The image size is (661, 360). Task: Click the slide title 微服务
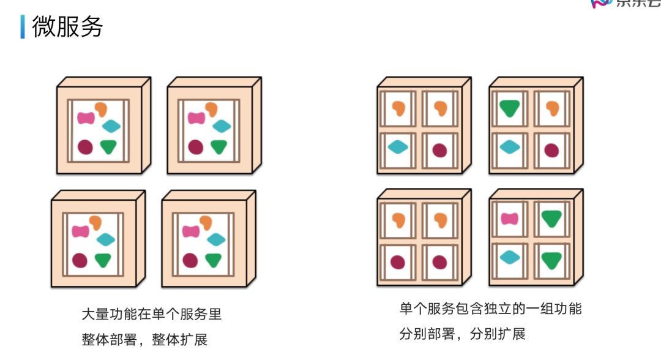(x=67, y=27)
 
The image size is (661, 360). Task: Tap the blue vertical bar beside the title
(x=23, y=27)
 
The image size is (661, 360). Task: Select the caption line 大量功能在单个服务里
(x=151, y=315)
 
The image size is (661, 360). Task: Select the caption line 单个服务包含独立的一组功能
(x=490, y=309)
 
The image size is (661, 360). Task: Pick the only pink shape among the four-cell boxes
(x=510, y=219)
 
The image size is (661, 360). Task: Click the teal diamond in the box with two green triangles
(x=509, y=257)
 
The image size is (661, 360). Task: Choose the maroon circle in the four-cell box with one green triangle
(x=551, y=150)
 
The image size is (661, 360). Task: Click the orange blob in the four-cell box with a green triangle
(x=552, y=108)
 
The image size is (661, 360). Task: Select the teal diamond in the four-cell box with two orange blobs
(x=398, y=147)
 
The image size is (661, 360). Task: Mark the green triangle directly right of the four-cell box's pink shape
(x=551, y=218)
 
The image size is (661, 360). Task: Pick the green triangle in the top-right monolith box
(x=218, y=146)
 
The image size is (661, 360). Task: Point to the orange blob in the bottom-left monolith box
(x=95, y=222)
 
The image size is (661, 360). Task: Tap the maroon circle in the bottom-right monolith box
(x=190, y=260)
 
